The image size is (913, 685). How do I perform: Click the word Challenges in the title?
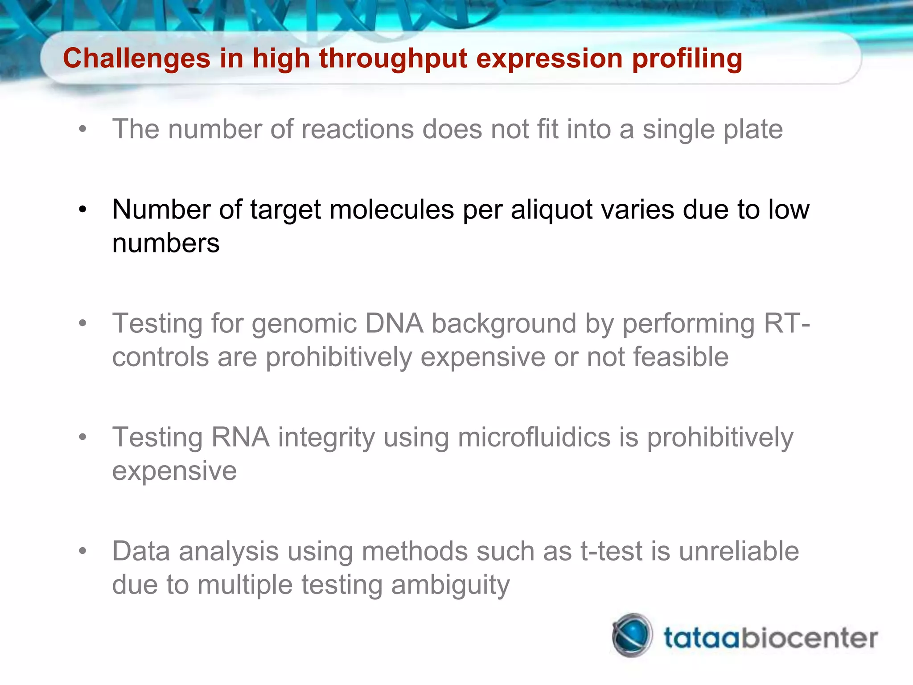pyautogui.click(x=136, y=59)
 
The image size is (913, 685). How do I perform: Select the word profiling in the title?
pyautogui.click(x=687, y=59)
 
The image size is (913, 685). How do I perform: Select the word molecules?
pyautogui.click(x=391, y=210)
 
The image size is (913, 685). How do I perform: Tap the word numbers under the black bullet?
pyautogui.click(x=166, y=243)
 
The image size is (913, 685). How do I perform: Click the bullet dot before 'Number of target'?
pyautogui.click(x=82, y=209)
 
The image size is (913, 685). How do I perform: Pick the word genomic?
pyautogui.click(x=304, y=324)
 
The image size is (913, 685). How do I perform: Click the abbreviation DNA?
pyautogui.click(x=394, y=324)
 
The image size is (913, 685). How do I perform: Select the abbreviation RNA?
pyautogui.click(x=240, y=437)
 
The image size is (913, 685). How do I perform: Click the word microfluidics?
pyautogui.click(x=534, y=437)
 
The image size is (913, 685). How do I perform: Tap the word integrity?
pyautogui.click(x=326, y=437)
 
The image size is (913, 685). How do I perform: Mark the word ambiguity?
pyautogui.click(x=450, y=585)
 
